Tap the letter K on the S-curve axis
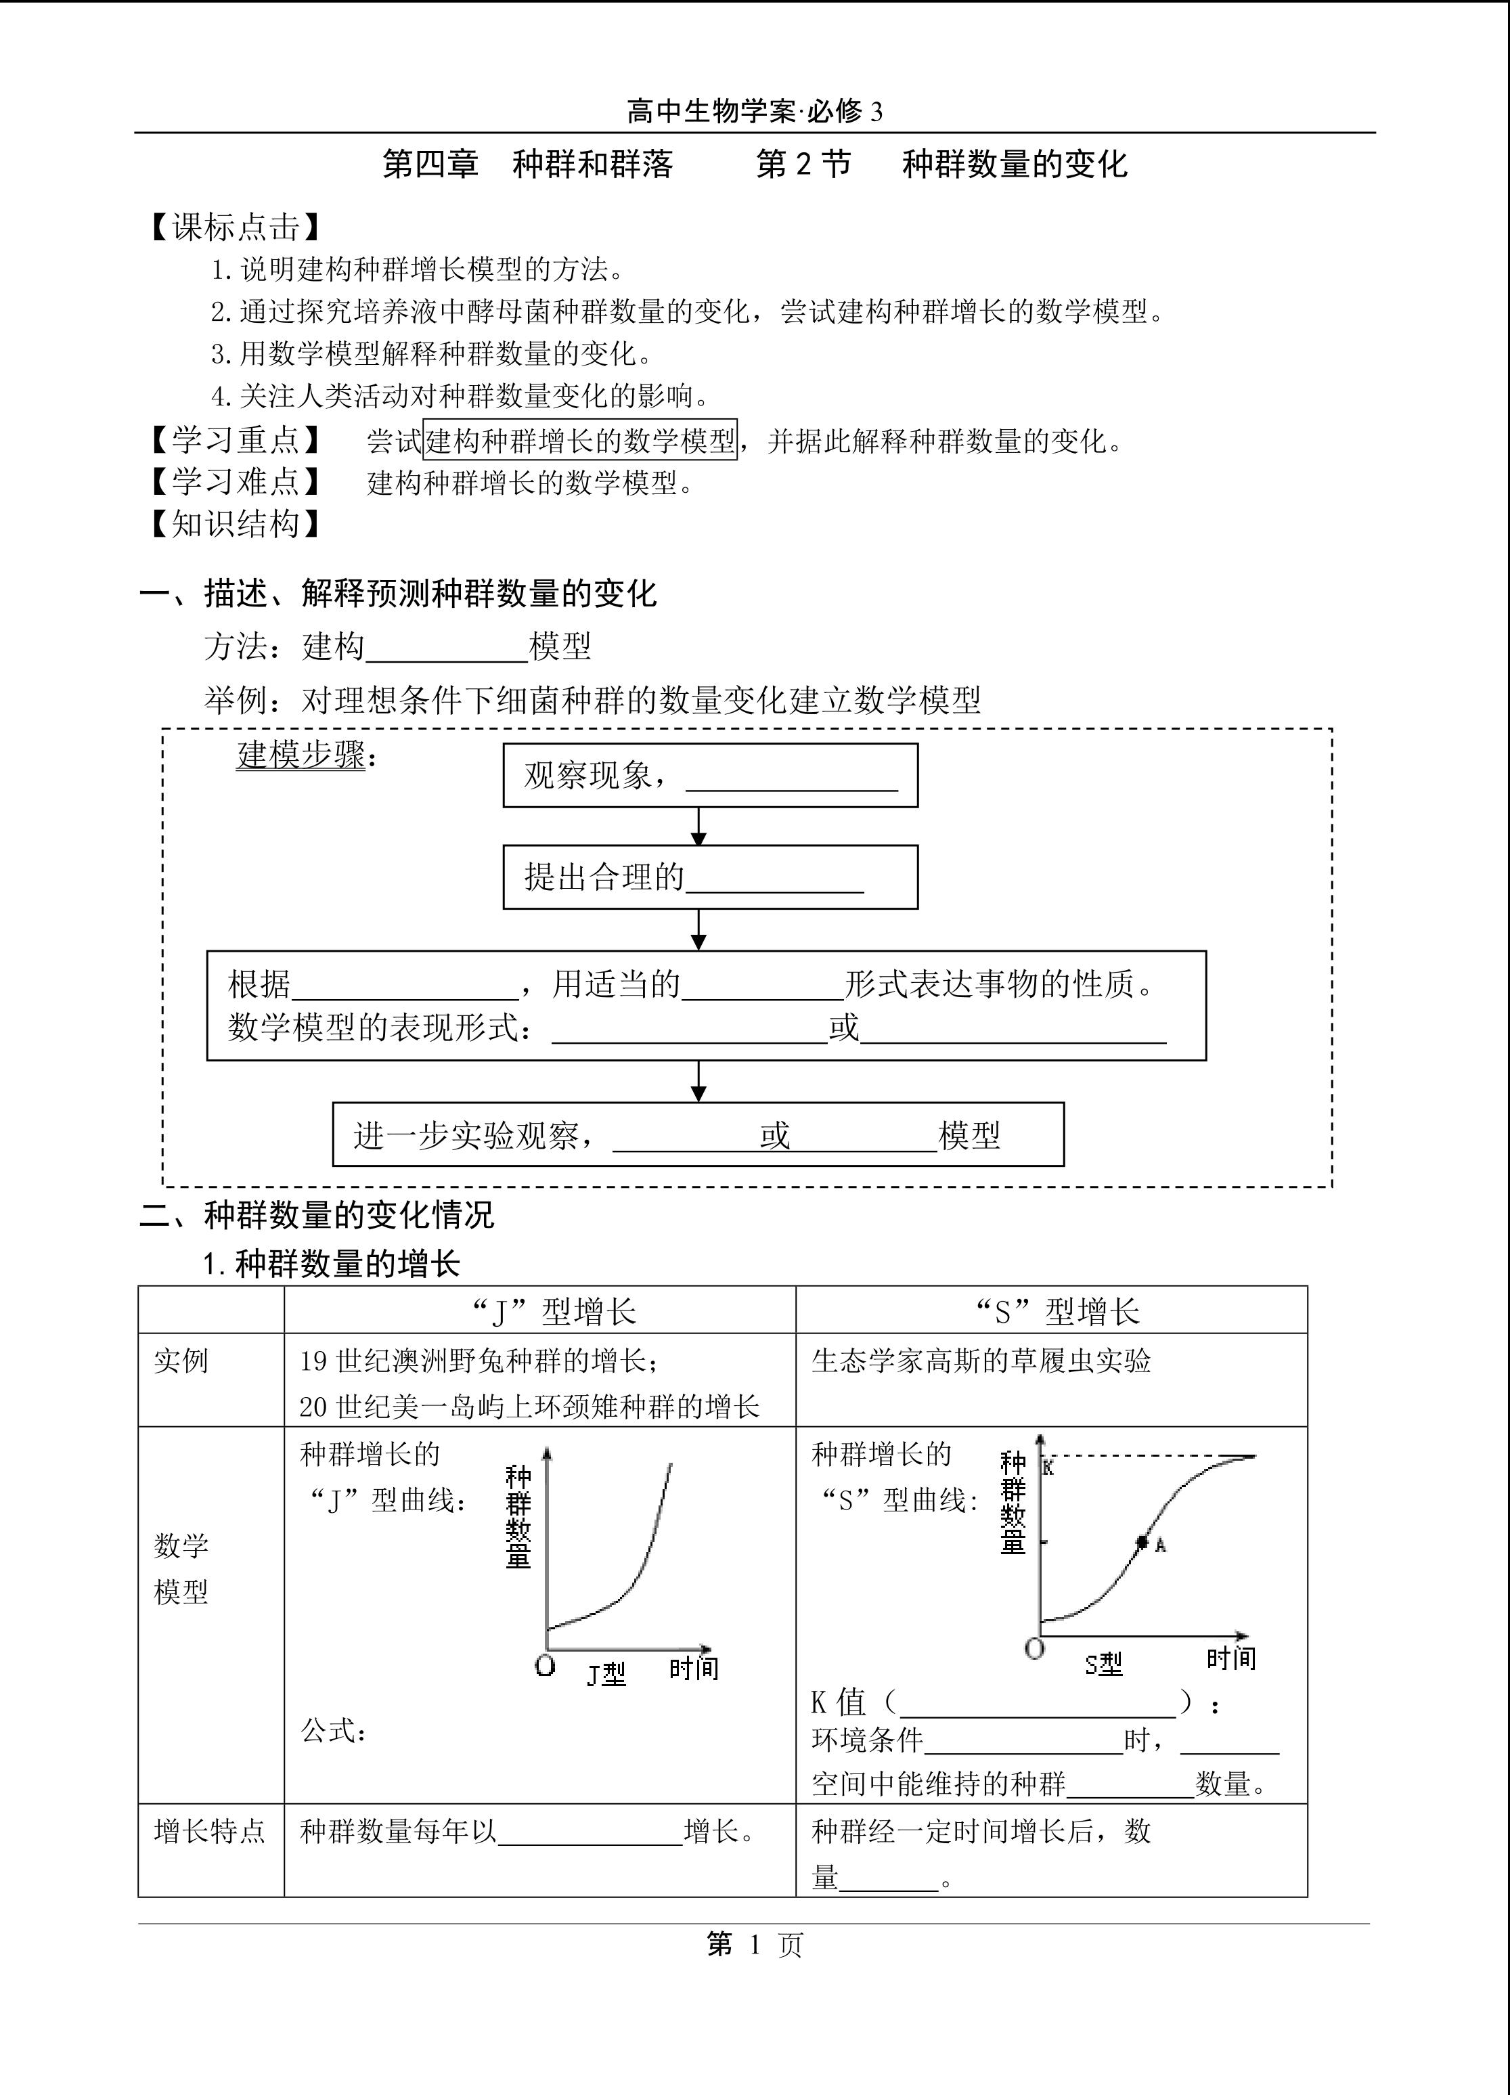[1048, 1468]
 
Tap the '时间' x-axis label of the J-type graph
[694, 1667]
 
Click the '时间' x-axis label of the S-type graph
[1231, 1658]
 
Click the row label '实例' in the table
[181, 1361]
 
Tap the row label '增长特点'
[210, 1831]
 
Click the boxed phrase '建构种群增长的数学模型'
[580, 441]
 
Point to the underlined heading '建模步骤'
[301, 755]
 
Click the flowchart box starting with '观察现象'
[710, 776]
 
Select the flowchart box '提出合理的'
[710, 877]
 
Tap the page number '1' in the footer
[755, 1945]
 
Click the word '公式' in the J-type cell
[329, 1731]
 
